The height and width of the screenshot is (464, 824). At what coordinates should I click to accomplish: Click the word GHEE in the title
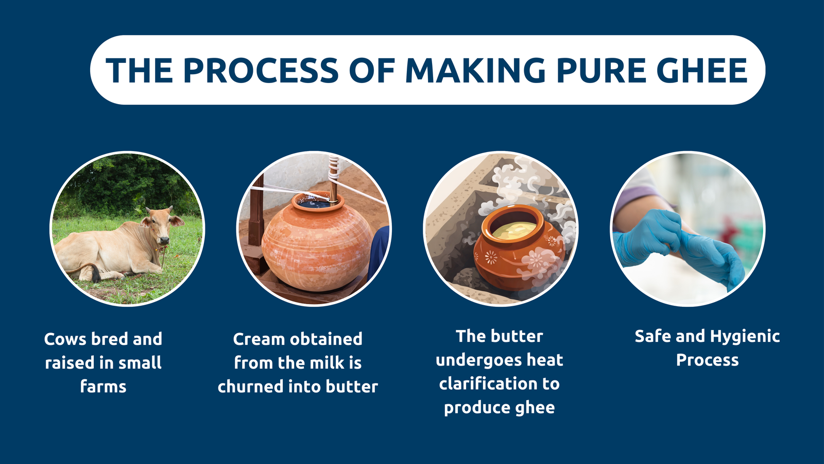[x=701, y=70]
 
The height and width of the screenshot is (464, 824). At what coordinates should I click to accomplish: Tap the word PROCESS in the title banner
[x=261, y=70]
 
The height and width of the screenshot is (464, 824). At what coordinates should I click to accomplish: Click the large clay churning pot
[x=316, y=242]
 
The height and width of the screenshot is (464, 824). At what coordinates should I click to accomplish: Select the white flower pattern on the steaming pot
[x=538, y=260]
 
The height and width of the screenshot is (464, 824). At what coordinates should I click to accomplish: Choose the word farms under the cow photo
[x=103, y=387]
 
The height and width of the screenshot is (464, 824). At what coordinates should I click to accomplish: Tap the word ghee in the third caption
[x=537, y=408]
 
